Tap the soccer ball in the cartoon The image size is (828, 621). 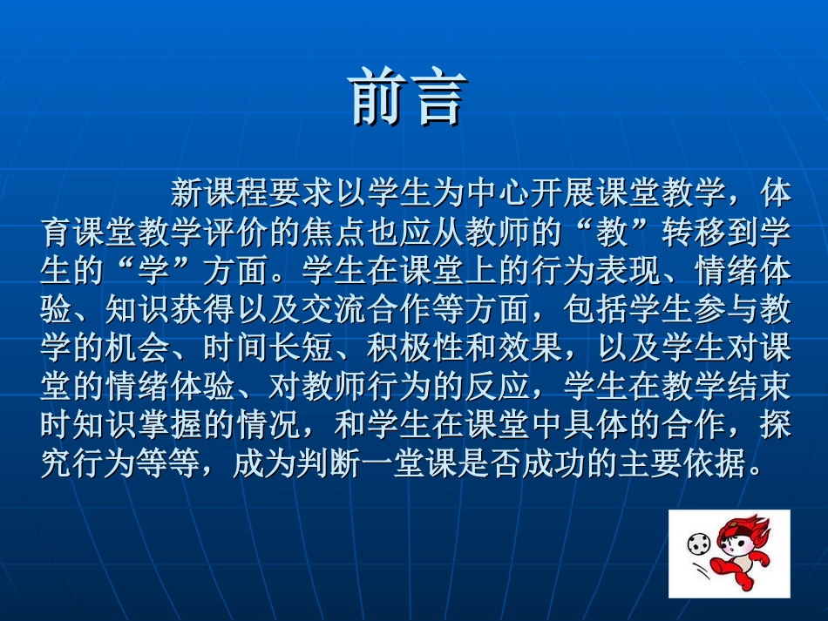click(x=697, y=545)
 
